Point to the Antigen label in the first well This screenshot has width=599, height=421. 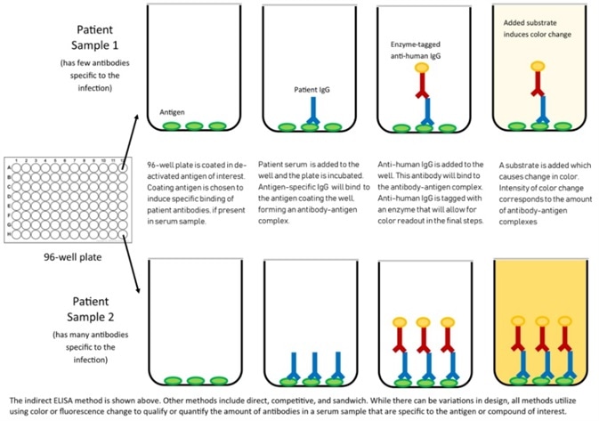171,113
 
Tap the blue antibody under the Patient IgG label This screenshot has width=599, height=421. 312,111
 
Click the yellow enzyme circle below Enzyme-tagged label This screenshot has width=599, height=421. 421,69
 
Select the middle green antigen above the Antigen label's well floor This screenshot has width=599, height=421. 195,127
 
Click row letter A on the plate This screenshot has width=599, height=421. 9,166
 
